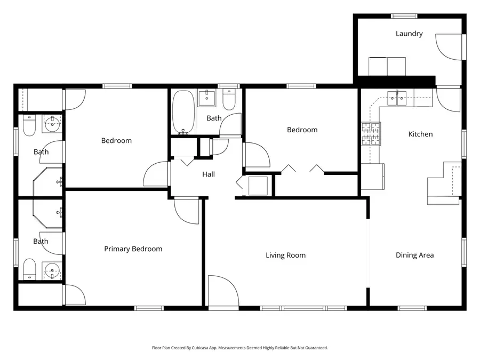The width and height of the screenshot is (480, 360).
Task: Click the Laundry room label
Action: (409, 34)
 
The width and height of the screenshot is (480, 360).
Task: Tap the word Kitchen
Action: (420, 134)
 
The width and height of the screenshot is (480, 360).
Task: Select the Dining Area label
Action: (414, 255)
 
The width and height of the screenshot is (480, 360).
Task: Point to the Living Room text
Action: (285, 255)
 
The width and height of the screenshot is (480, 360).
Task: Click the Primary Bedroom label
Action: (133, 249)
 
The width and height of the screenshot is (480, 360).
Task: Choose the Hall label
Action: (209, 174)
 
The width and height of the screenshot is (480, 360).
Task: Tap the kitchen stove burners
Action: (372, 134)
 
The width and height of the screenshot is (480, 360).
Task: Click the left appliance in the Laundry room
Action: (378, 66)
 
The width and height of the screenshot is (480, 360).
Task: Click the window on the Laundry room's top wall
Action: (404, 16)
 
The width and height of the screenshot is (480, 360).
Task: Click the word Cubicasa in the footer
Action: (200, 348)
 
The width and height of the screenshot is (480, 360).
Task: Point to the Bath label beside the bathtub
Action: (214, 118)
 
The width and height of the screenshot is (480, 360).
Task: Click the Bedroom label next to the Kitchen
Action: (302, 130)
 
